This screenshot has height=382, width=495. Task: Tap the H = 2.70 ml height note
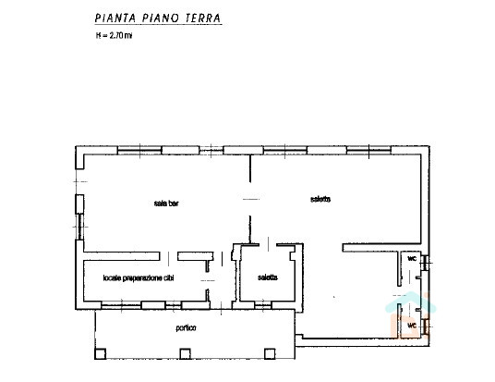(x=114, y=35)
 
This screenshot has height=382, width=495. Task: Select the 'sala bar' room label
(x=166, y=203)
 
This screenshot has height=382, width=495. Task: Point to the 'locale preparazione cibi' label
(x=139, y=278)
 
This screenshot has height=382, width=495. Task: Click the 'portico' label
(x=186, y=328)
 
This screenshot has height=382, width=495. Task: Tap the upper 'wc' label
(x=412, y=258)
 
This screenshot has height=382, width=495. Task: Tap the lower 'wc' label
(x=412, y=325)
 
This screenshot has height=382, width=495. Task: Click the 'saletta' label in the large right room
(x=320, y=199)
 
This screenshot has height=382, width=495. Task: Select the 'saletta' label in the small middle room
(x=268, y=277)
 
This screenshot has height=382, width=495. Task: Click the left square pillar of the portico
(x=101, y=353)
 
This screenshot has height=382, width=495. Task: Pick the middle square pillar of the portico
(x=185, y=353)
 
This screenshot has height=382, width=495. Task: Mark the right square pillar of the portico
(x=270, y=353)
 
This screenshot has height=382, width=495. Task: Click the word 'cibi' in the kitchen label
(x=169, y=278)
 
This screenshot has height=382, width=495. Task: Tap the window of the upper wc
(x=425, y=263)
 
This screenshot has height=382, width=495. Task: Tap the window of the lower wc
(x=426, y=327)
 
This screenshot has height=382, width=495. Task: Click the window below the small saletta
(x=263, y=305)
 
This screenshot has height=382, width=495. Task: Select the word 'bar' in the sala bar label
(x=174, y=203)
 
